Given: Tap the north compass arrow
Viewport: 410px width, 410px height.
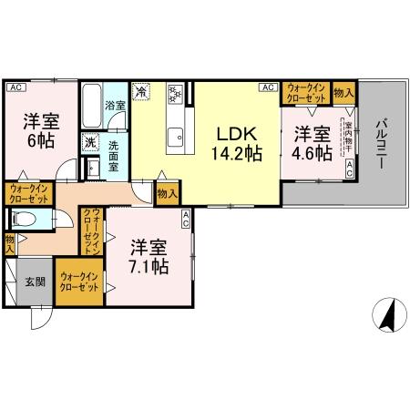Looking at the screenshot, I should coord(386,314).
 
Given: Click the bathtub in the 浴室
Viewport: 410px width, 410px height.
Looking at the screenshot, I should coord(91,107).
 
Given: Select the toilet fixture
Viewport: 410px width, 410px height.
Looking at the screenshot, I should coord(25,219).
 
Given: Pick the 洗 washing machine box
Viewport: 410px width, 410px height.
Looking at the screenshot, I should coord(90,142).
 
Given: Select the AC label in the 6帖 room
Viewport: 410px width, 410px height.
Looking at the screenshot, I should coord(15,87).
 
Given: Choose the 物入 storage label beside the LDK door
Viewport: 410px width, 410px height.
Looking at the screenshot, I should coord(167,192).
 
